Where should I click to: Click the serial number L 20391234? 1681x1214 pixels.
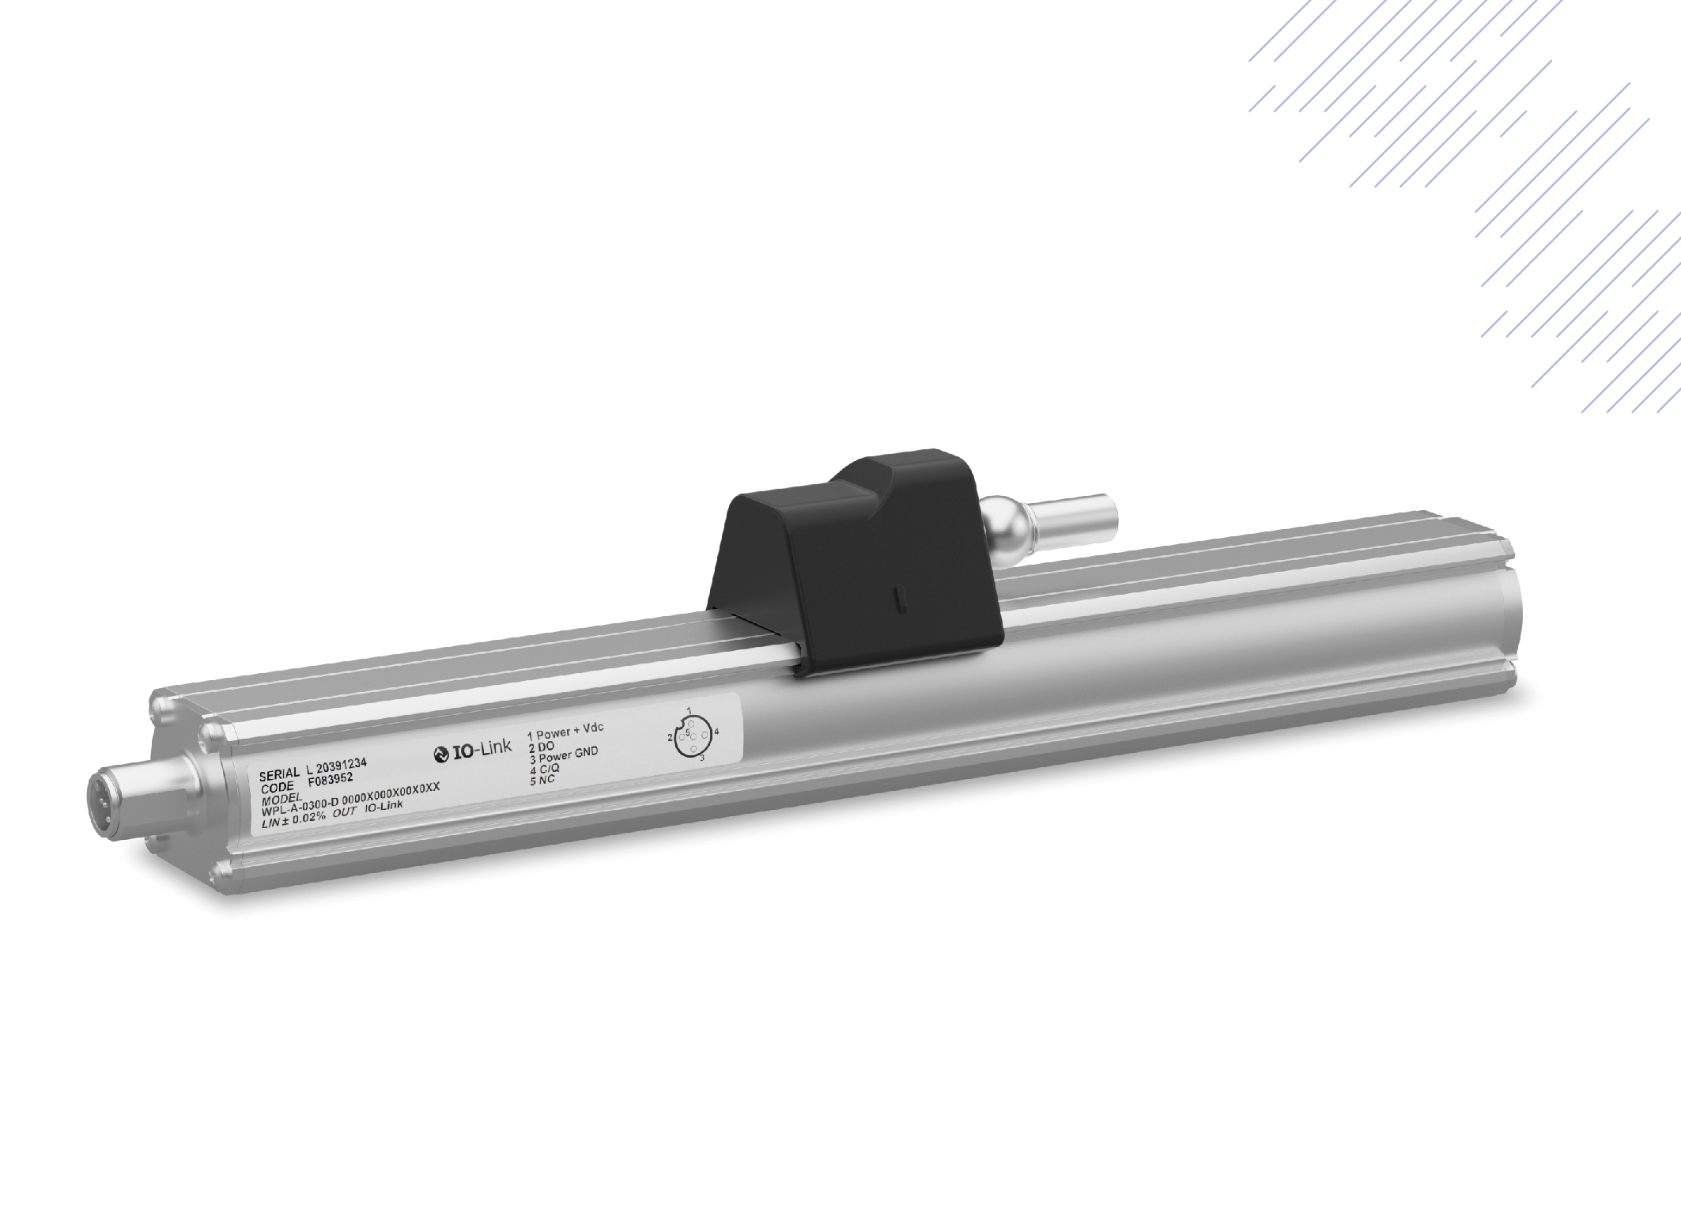[x=335, y=766]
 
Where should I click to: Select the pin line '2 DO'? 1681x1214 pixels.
[x=542, y=746]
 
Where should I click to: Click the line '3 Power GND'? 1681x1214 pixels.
[x=564, y=758]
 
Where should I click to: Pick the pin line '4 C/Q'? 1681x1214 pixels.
[x=545, y=770]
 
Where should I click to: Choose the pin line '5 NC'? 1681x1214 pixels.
[x=543, y=781]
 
